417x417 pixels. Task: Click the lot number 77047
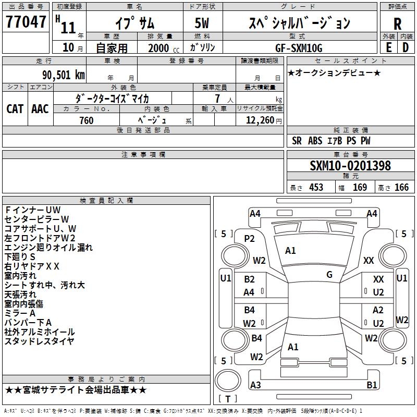coord(27,22)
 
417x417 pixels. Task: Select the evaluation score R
coord(397,23)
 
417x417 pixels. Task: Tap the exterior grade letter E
coord(388,47)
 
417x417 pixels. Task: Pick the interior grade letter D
coord(406,47)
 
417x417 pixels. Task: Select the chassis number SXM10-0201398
coord(350,166)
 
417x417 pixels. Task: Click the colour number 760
coord(87,120)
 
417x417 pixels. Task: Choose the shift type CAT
coord(15,109)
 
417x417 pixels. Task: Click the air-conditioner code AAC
coord(40,109)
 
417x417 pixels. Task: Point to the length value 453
coord(316,187)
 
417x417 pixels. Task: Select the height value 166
coord(401,187)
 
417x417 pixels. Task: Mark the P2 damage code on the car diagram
coord(249,239)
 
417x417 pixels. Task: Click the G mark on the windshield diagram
coord(329,275)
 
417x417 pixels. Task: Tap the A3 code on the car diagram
coord(255,385)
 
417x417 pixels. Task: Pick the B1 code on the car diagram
coord(372,385)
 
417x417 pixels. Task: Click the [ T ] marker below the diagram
coord(228,399)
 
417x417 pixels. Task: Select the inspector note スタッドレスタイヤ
coord(40,341)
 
